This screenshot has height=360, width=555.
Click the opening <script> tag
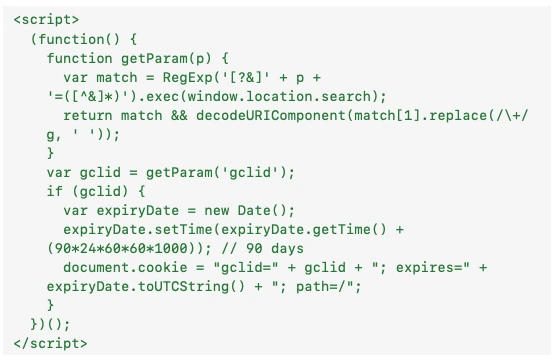(x=48, y=20)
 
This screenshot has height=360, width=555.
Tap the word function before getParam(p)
(x=80, y=58)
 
